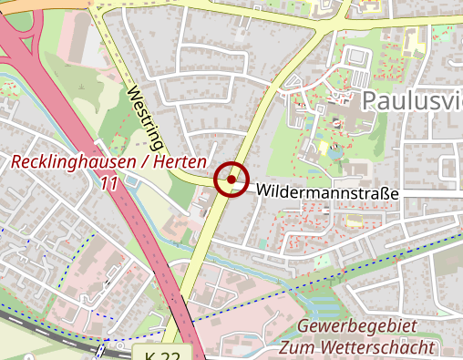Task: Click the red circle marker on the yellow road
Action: (231, 180)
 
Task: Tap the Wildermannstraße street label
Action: (328, 191)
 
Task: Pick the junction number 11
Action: (110, 183)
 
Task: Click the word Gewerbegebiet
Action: (357, 327)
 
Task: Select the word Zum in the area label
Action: (294, 347)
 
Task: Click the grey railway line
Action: (55, 332)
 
